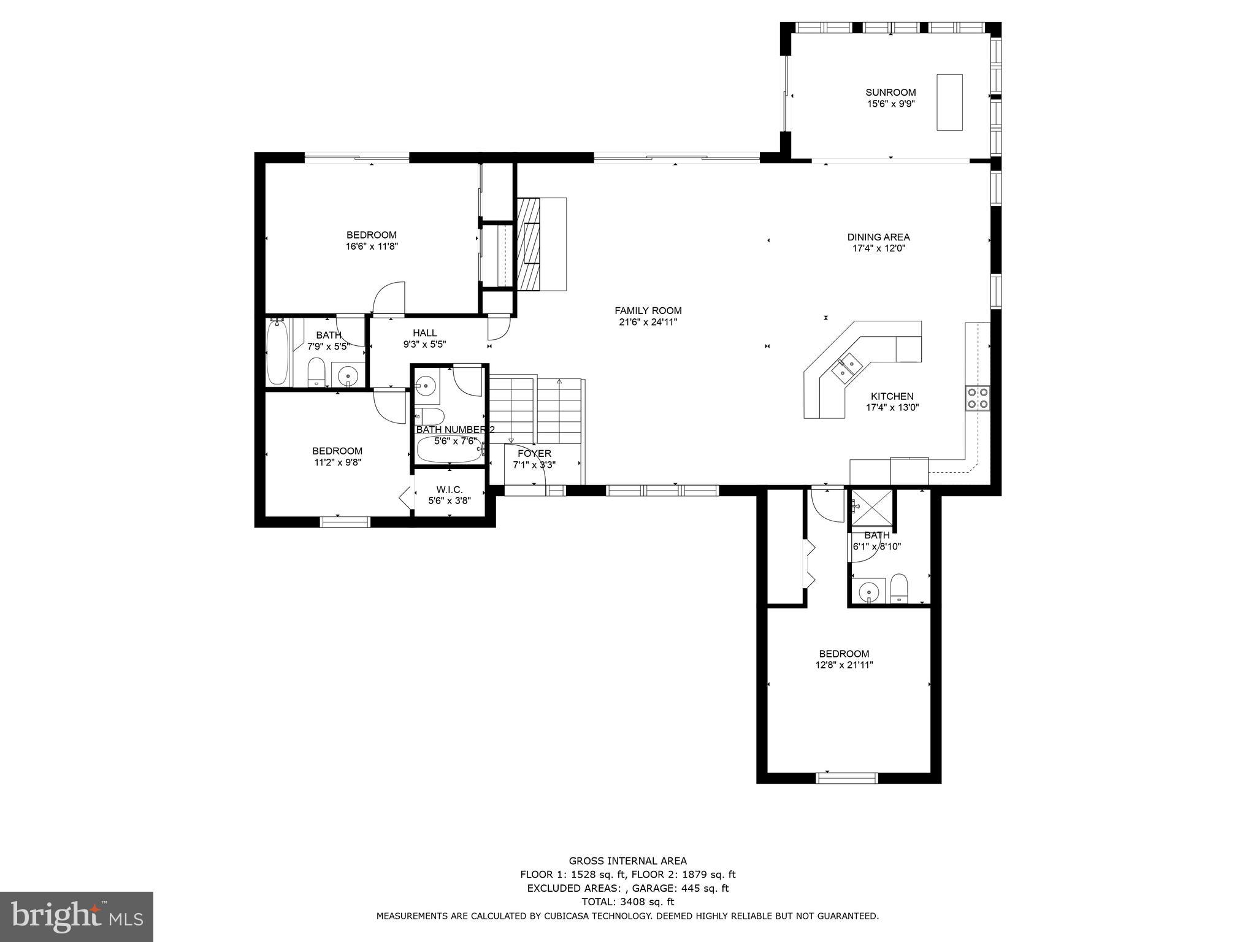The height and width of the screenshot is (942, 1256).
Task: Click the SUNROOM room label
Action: pyautogui.click(x=890, y=93)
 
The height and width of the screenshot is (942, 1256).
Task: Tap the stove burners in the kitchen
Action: pyautogui.click(x=977, y=397)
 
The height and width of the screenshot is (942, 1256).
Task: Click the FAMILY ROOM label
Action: pyautogui.click(x=648, y=311)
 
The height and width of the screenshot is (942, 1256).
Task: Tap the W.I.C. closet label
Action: pyautogui.click(x=450, y=489)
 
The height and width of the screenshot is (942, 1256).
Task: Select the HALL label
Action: pyautogui.click(x=424, y=333)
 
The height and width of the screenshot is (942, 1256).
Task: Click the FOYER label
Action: pyautogui.click(x=534, y=454)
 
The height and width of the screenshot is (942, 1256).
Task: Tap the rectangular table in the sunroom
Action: pyautogui.click(x=949, y=102)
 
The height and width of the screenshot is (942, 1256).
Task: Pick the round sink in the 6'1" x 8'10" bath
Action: pyautogui.click(x=868, y=592)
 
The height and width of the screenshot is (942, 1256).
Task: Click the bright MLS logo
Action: pyautogui.click(x=77, y=916)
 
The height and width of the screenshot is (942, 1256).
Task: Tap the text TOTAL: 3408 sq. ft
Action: pyautogui.click(x=627, y=902)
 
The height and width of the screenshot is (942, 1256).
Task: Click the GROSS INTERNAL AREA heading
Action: pyautogui.click(x=627, y=861)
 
